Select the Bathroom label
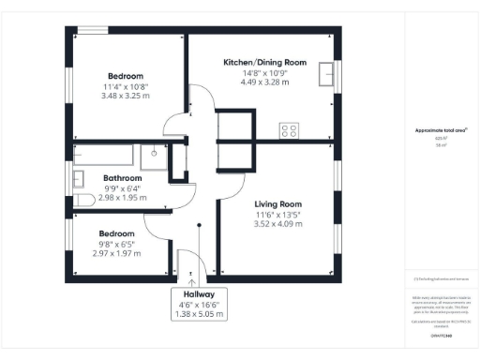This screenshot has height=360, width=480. tap(122, 177)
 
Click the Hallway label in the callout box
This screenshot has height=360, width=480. tap(191, 293)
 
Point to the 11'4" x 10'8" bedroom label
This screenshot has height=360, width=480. tap(125, 76)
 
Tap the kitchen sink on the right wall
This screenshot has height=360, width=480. tap(327, 74)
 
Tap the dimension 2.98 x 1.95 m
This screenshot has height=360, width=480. tap(122, 198)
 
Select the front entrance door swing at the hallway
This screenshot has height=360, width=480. tap(187, 265)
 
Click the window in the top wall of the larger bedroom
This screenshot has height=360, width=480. tap(91, 31)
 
